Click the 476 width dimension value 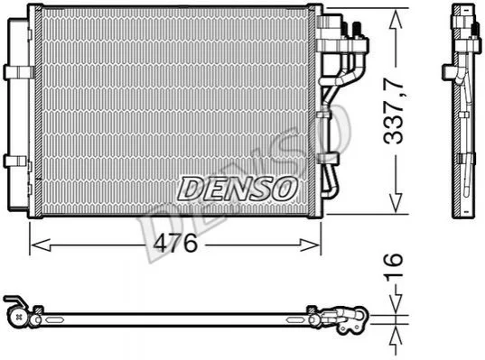coord(175,243)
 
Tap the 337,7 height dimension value coord(393,111)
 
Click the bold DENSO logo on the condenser coord(238,189)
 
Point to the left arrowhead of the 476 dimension coord(42,245)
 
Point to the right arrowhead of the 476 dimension coord(310,245)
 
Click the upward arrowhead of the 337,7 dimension coord(396,19)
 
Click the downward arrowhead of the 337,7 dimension coord(396,202)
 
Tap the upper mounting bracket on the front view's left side coord(19,72)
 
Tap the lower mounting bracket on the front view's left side coord(16,162)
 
